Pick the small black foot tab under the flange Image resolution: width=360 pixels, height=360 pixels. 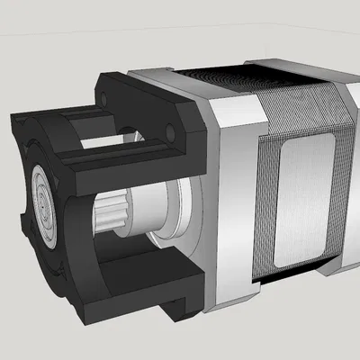click(x=180, y=311)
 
